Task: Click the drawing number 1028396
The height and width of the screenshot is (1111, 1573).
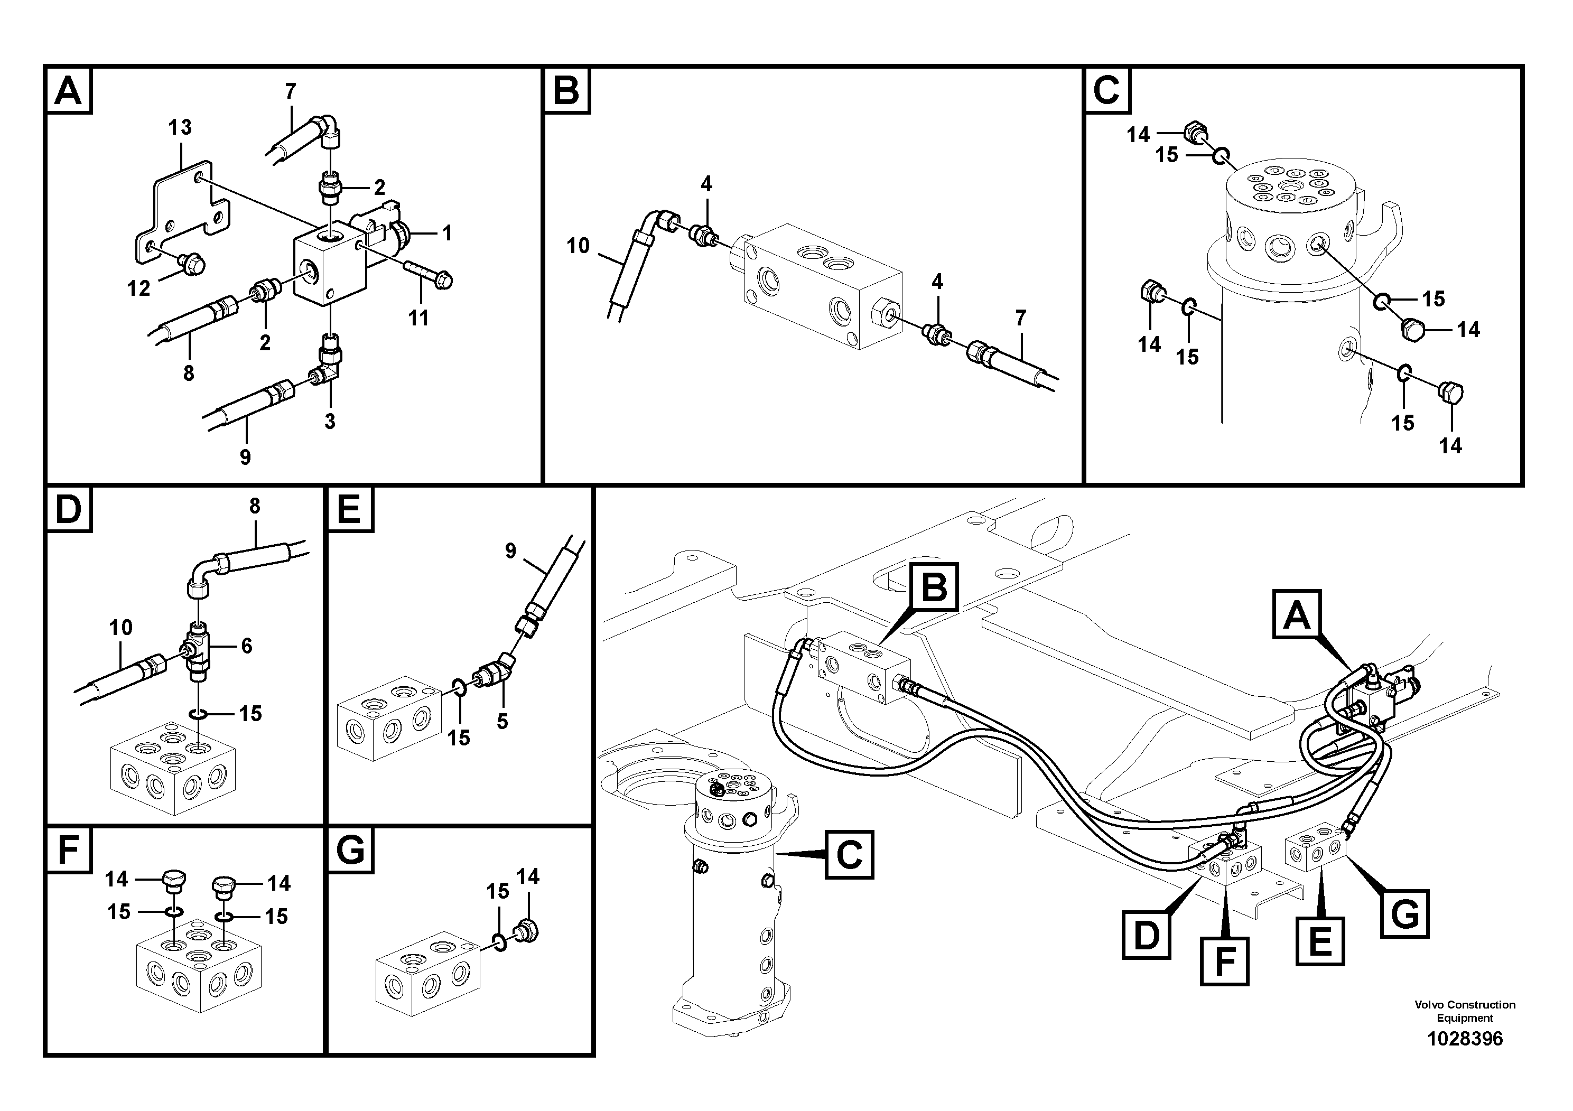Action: [1464, 1039]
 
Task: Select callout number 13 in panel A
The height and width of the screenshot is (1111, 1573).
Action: [180, 127]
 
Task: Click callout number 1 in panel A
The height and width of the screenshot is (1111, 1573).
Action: [446, 234]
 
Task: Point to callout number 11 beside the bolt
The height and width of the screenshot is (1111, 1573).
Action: [418, 318]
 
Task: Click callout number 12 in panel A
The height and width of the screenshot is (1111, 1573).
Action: [138, 288]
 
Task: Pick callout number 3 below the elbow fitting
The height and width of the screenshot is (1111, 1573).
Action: [330, 421]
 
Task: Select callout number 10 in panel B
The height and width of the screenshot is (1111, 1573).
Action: [578, 246]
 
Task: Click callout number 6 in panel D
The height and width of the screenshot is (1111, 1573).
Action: [247, 646]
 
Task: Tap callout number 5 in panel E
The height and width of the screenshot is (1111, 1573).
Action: [502, 721]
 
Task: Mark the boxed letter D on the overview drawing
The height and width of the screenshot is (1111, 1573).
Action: [1146, 935]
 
